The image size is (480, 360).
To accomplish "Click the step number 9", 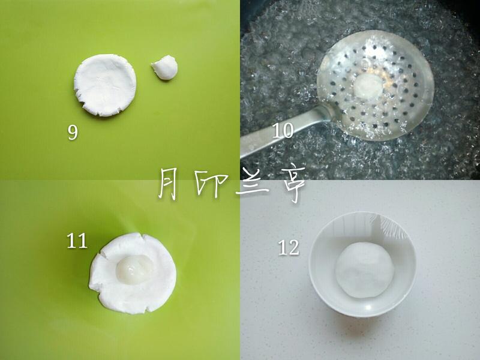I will pos(73,132).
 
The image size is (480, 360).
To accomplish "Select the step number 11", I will pos(77,241).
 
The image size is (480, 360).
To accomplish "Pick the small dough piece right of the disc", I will pos(165,68).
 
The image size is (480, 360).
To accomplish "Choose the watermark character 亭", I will pos(288,184).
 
